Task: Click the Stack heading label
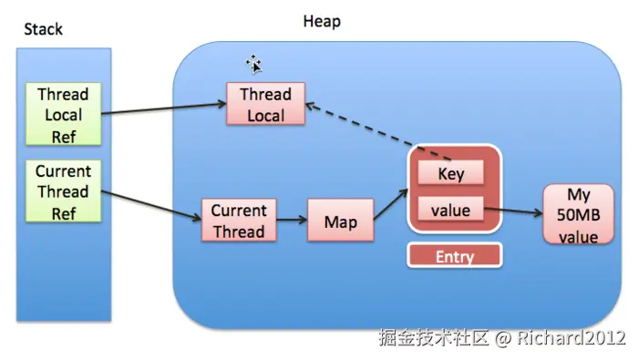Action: tap(43, 29)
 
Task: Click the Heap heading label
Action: tap(322, 21)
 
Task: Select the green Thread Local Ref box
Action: tap(63, 115)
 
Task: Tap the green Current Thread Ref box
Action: tap(63, 192)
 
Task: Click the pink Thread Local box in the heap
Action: tap(265, 105)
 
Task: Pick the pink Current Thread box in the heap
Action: tap(238, 221)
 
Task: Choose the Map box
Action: tap(341, 221)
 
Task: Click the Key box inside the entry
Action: tap(451, 173)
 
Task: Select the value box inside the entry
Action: tap(451, 211)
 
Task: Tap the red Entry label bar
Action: tap(454, 256)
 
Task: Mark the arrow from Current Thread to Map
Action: tap(291, 221)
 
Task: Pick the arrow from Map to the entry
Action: tap(390, 205)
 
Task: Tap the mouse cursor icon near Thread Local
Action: tap(254, 63)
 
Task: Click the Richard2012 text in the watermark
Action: tap(573, 338)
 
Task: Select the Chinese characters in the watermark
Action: tap(434, 338)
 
